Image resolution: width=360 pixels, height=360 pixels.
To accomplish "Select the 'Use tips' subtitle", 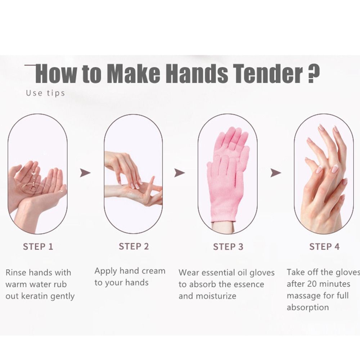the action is coord(45,93).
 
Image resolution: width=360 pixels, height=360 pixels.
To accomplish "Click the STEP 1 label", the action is coord(38,247).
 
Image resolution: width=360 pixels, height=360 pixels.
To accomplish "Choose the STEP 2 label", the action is coord(134,246).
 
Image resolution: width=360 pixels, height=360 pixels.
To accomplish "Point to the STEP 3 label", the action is coord(228,247).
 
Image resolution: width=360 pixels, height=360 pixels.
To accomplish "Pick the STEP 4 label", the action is coord(324,247).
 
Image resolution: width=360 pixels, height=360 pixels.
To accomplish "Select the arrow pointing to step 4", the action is coord(275,173).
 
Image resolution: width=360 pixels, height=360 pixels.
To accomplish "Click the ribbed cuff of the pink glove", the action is coord(223,218).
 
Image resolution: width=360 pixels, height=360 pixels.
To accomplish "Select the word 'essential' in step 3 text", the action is coord(216,273).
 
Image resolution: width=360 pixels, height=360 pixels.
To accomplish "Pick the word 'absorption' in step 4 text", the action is coord(308,307).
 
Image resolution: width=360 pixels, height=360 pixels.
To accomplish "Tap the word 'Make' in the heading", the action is coord(134,73).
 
